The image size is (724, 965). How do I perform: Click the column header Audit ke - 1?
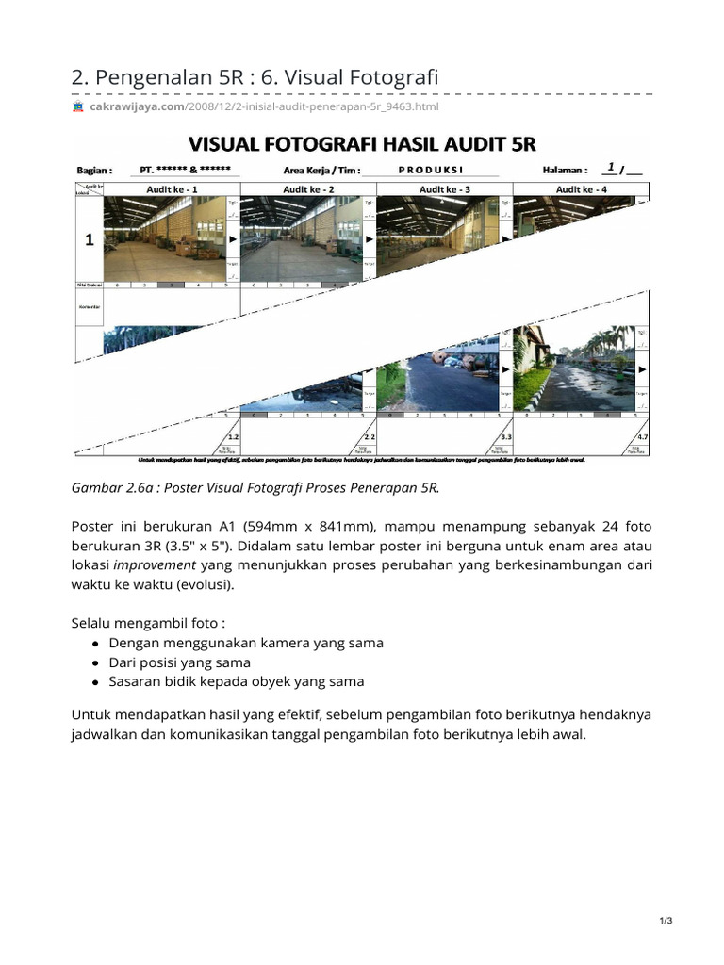click(x=171, y=189)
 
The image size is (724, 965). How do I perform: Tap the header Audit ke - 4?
click(x=582, y=189)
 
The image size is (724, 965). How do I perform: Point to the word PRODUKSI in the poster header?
click(x=430, y=171)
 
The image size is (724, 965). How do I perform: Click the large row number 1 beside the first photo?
click(x=90, y=240)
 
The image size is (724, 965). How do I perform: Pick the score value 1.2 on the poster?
click(x=233, y=437)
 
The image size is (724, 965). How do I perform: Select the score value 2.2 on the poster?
click(x=369, y=437)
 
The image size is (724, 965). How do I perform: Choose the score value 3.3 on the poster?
click(x=505, y=437)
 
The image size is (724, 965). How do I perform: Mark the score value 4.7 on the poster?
click(x=642, y=437)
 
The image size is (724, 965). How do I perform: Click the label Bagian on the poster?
click(x=94, y=171)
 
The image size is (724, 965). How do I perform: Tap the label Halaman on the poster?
click(x=566, y=171)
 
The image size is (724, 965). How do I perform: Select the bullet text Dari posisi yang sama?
click(x=180, y=662)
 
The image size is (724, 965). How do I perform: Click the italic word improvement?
click(x=156, y=565)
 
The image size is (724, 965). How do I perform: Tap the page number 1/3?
click(x=666, y=921)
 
